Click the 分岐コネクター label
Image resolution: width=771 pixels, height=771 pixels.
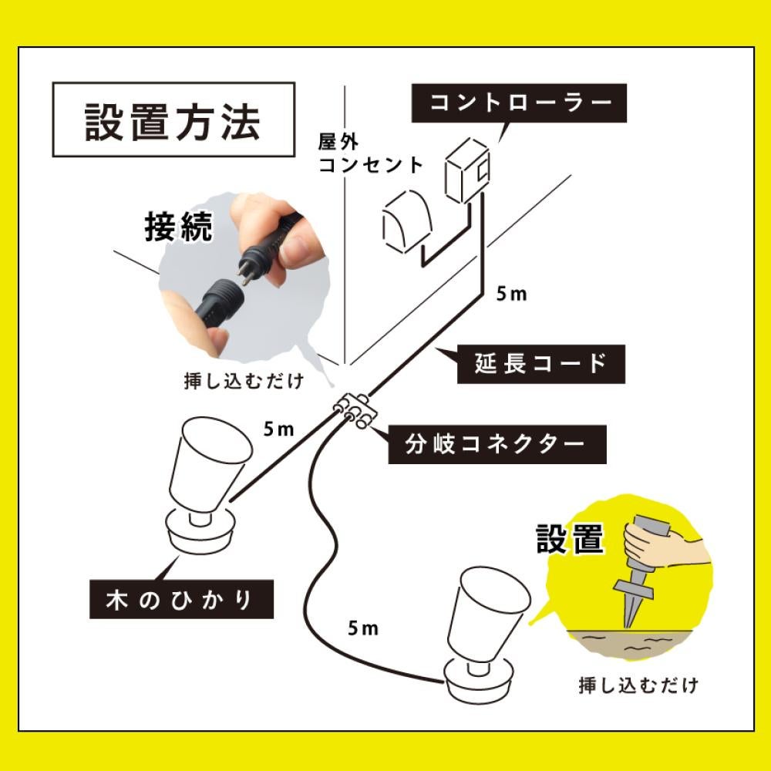[495, 443]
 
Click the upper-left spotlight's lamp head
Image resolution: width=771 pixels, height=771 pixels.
[208, 463]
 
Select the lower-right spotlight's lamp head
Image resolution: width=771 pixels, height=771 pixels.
[490, 613]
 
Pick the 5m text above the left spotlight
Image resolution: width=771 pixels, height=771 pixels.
[279, 429]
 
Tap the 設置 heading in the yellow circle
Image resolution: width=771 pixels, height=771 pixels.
[569, 540]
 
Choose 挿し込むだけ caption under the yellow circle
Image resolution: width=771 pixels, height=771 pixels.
[638, 684]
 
